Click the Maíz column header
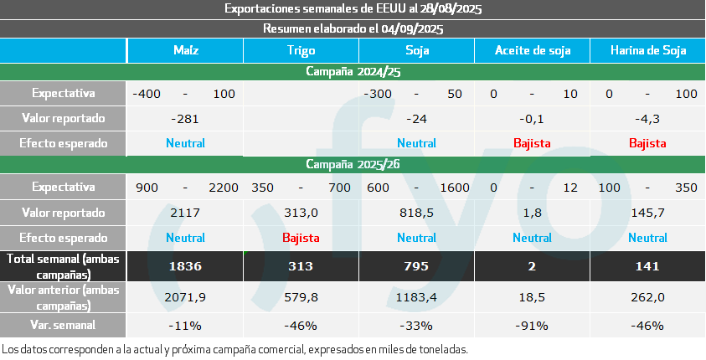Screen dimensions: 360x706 tap(185, 50)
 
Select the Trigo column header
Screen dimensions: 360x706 tap(301, 50)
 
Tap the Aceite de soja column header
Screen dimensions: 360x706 tap(532, 50)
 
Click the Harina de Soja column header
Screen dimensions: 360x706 tap(647, 50)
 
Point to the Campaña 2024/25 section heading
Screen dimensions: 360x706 tap(353, 72)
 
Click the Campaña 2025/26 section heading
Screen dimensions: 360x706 tap(353, 164)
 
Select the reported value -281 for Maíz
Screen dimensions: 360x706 tap(185, 118)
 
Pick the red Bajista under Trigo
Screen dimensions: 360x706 tap(301, 237)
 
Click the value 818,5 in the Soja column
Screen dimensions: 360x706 tap(416, 213)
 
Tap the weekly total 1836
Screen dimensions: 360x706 tap(185, 266)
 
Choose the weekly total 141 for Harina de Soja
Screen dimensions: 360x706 tap(647, 266)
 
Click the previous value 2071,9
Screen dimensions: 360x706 tap(185, 296)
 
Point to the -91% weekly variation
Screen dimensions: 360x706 tap(532, 325)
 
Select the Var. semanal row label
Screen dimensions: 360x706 tap(63, 325)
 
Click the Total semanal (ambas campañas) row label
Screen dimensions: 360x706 tap(63, 266)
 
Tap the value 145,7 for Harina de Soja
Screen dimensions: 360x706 tap(647, 213)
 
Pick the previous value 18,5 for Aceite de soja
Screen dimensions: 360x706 tap(532, 296)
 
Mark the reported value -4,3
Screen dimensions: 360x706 tap(647, 118)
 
